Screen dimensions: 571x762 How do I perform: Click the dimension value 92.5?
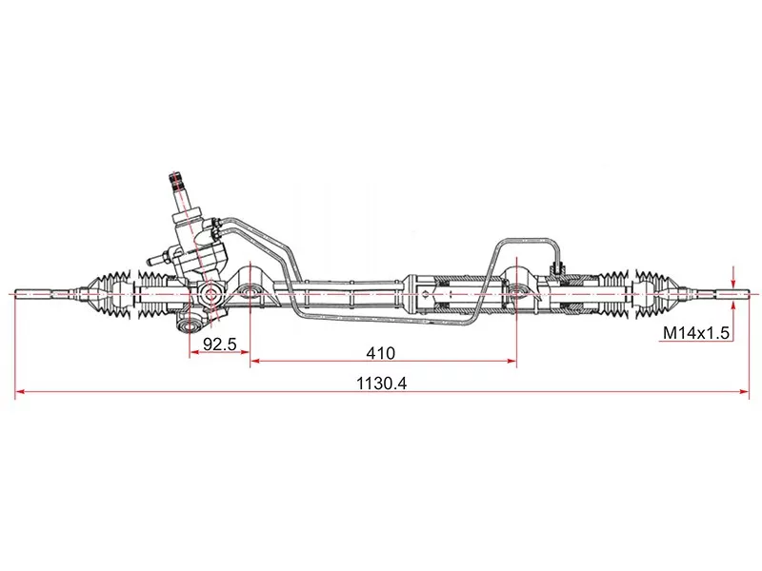click(219, 345)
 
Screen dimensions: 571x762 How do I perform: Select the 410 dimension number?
click(381, 353)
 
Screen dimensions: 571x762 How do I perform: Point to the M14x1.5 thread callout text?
click(695, 334)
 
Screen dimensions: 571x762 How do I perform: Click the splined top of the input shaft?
click(177, 180)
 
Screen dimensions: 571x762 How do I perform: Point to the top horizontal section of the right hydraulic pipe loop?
click(524, 240)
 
